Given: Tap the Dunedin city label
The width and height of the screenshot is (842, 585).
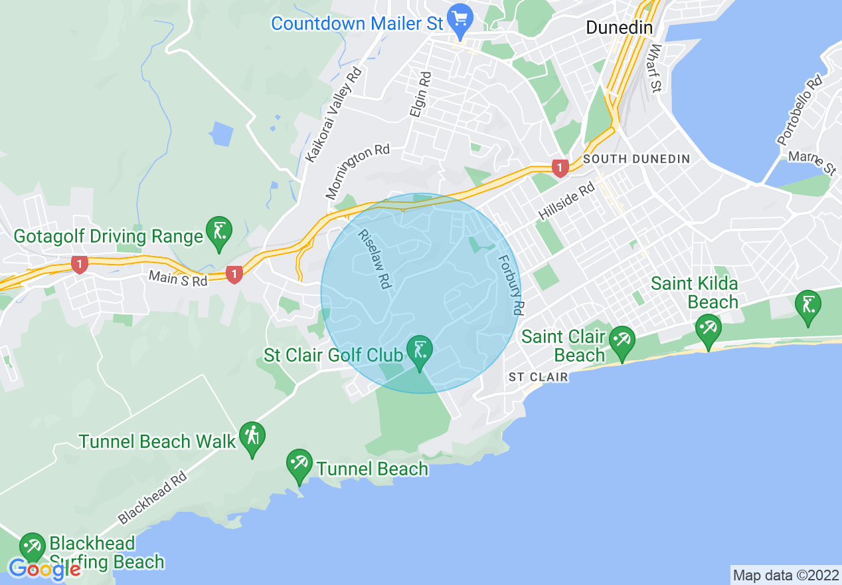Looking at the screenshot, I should pyautogui.click(x=619, y=28).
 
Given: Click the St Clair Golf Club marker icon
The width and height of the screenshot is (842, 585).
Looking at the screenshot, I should pyautogui.click(x=420, y=352).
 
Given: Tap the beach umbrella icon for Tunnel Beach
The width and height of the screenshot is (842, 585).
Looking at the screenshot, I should pyautogui.click(x=299, y=465).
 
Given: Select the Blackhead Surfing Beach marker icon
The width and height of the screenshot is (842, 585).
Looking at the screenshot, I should pyautogui.click(x=31, y=547).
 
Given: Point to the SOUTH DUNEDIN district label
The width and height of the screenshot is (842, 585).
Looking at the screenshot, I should pyautogui.click(x=636, y=159).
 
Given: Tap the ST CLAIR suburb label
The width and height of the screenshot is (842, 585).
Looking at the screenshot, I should pyautogui.click(x=539, y=377).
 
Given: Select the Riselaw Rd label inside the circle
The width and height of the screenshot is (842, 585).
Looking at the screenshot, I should pyautogui.click(x=373, y=259).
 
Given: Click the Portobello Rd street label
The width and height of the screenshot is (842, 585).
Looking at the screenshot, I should pyautogui.click(x=800, y=111).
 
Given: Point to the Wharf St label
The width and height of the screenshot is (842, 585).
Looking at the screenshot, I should pyautogui.click(x=655, y=68).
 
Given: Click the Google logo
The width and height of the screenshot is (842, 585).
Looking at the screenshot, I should pyautogui.click(x=44, y=569).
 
